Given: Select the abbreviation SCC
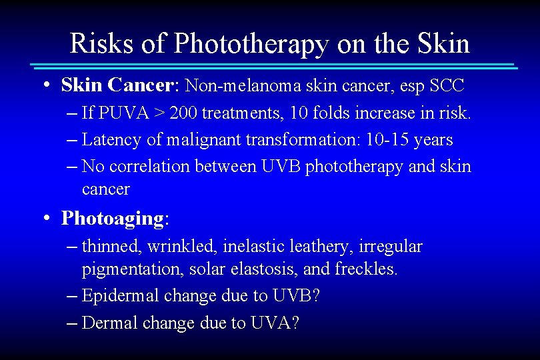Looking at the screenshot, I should click(x=447, y=85).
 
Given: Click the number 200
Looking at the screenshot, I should click(x=183, y=113).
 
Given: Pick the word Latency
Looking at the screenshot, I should click(x=109, y=140).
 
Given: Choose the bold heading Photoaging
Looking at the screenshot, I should click(x=112, y=218).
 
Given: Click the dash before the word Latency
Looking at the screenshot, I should click(x=73, y=140).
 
